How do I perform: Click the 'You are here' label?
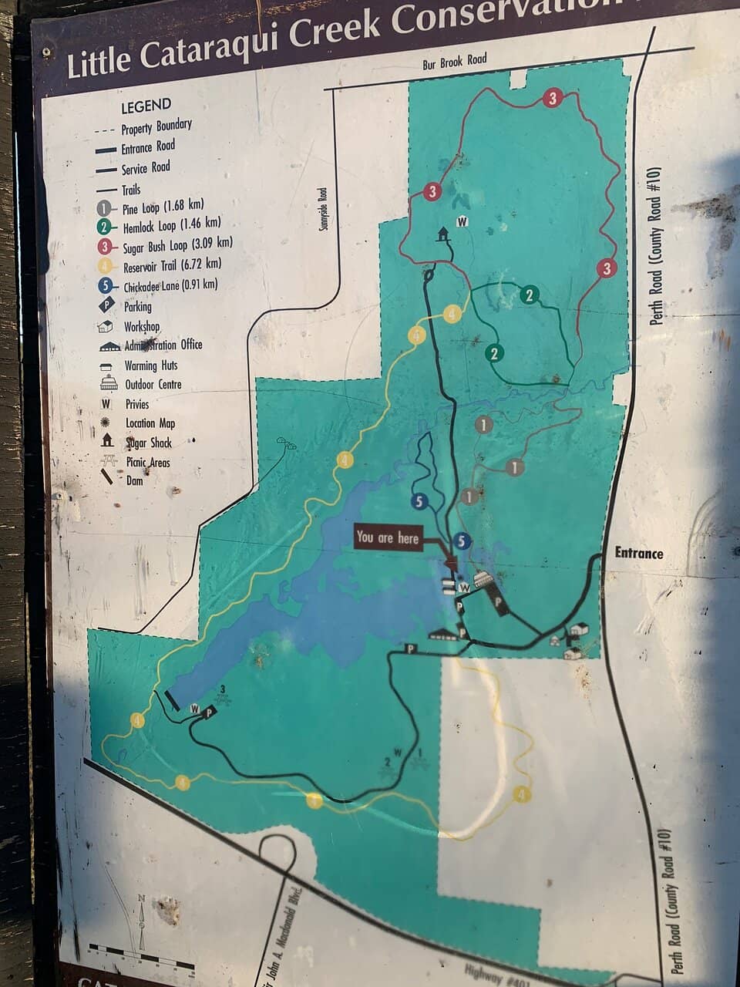(388, 537)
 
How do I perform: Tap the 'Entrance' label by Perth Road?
(638, 553)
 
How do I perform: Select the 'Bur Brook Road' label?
(455, 62)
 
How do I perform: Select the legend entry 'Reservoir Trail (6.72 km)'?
(171, 266)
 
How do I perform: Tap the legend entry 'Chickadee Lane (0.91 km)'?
(170, 286)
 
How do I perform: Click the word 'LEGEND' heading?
(146, 105)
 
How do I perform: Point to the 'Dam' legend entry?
(134, 480)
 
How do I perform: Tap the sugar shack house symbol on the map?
(444, 234)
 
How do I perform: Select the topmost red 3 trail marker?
(552, 98)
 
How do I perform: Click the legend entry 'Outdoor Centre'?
(153, 384)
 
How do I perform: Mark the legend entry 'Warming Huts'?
(151, 365)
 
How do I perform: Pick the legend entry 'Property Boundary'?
(156, 126)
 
